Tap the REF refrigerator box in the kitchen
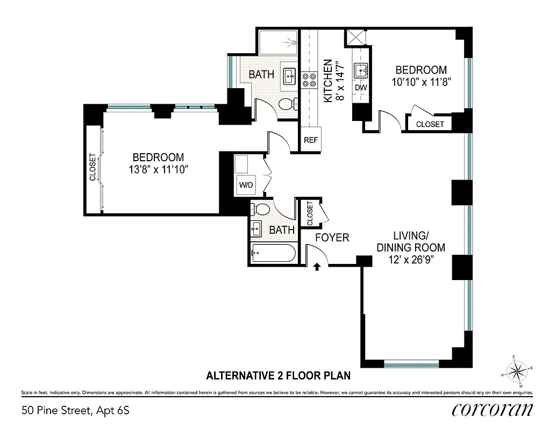pos(310,140)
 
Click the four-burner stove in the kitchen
pos(309,80)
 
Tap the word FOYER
pos(332,237)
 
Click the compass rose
pos(517,370)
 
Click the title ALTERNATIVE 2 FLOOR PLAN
pos(279,376)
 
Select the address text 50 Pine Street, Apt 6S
pos(76,411)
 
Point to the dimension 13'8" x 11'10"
pos(158,169)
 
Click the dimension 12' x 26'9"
pos(411,259)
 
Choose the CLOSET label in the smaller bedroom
pos(430,124)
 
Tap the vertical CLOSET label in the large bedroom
pos(92,167)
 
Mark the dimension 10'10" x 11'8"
pos(421,81)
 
